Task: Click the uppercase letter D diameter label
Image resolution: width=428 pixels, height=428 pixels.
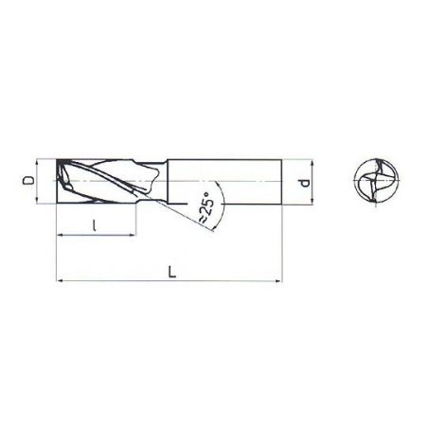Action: (x=28, y=180)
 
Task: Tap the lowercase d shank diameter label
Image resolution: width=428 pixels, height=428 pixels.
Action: (x=305, y=183)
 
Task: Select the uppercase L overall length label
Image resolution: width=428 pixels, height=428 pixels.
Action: (x=172, y=272)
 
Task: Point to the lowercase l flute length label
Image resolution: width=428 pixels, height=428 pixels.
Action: (x=95, y=225)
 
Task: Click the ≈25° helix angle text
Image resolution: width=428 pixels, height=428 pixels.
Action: (x=206, y=207)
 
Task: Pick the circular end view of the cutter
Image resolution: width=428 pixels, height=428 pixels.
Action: (x=376, y=181)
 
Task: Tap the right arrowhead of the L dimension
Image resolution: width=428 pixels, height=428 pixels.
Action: (x=279, y=280)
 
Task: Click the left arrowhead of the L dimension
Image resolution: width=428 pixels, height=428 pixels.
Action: (x=60, y=280)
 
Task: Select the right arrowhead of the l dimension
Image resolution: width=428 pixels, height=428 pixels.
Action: (x=132, y=235)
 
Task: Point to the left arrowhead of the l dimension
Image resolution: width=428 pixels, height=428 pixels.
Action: (x=61, y=235)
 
